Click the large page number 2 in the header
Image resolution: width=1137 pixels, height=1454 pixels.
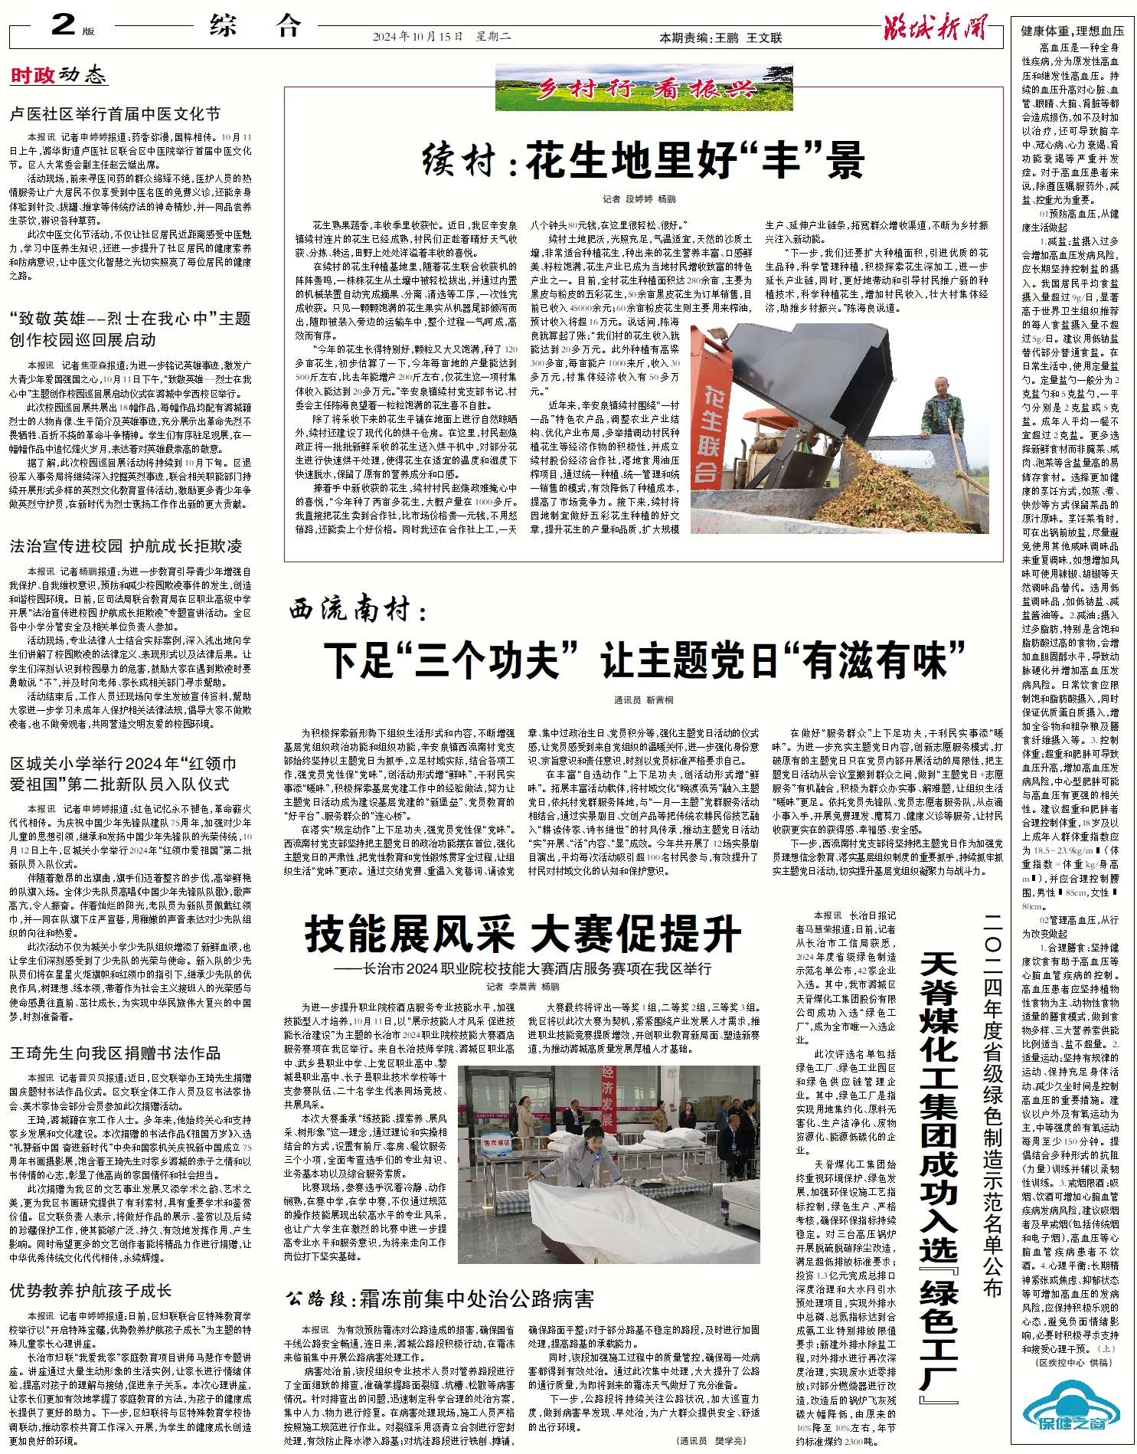click(x=63, y=25)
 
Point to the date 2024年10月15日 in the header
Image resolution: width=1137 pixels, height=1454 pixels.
click(x=418, y=37)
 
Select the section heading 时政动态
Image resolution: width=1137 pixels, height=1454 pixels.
click(x=58, y=75)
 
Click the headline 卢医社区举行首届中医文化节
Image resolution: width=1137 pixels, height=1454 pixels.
click(x=115, y=114)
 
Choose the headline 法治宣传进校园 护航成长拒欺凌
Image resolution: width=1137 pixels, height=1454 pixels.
click(x=126, y=546)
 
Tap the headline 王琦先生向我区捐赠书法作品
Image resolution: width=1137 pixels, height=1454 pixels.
click(x=115, y=1053)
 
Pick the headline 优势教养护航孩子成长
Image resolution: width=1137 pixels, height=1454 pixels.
click(x=90, y=1291)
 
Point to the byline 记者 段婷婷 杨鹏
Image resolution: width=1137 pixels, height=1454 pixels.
click(x=639, y=199)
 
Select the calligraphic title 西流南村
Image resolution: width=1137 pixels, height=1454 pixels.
click(x=358, y=610)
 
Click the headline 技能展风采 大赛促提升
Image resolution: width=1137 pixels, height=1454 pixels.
click(x=523, y=935)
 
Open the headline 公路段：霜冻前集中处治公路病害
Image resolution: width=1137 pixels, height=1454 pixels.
click(x=439, y=1298)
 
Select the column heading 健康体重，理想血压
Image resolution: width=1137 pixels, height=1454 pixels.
click(x=1072, y=31)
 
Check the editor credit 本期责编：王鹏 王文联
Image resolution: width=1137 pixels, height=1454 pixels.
click(x=720, y=38)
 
